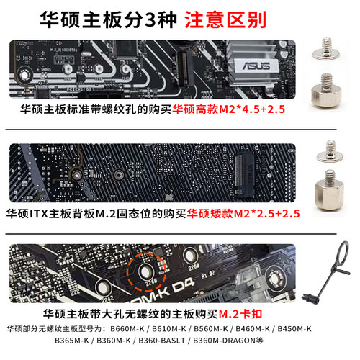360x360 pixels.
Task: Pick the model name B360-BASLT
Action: pyautogui.click(x=178, y=341)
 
